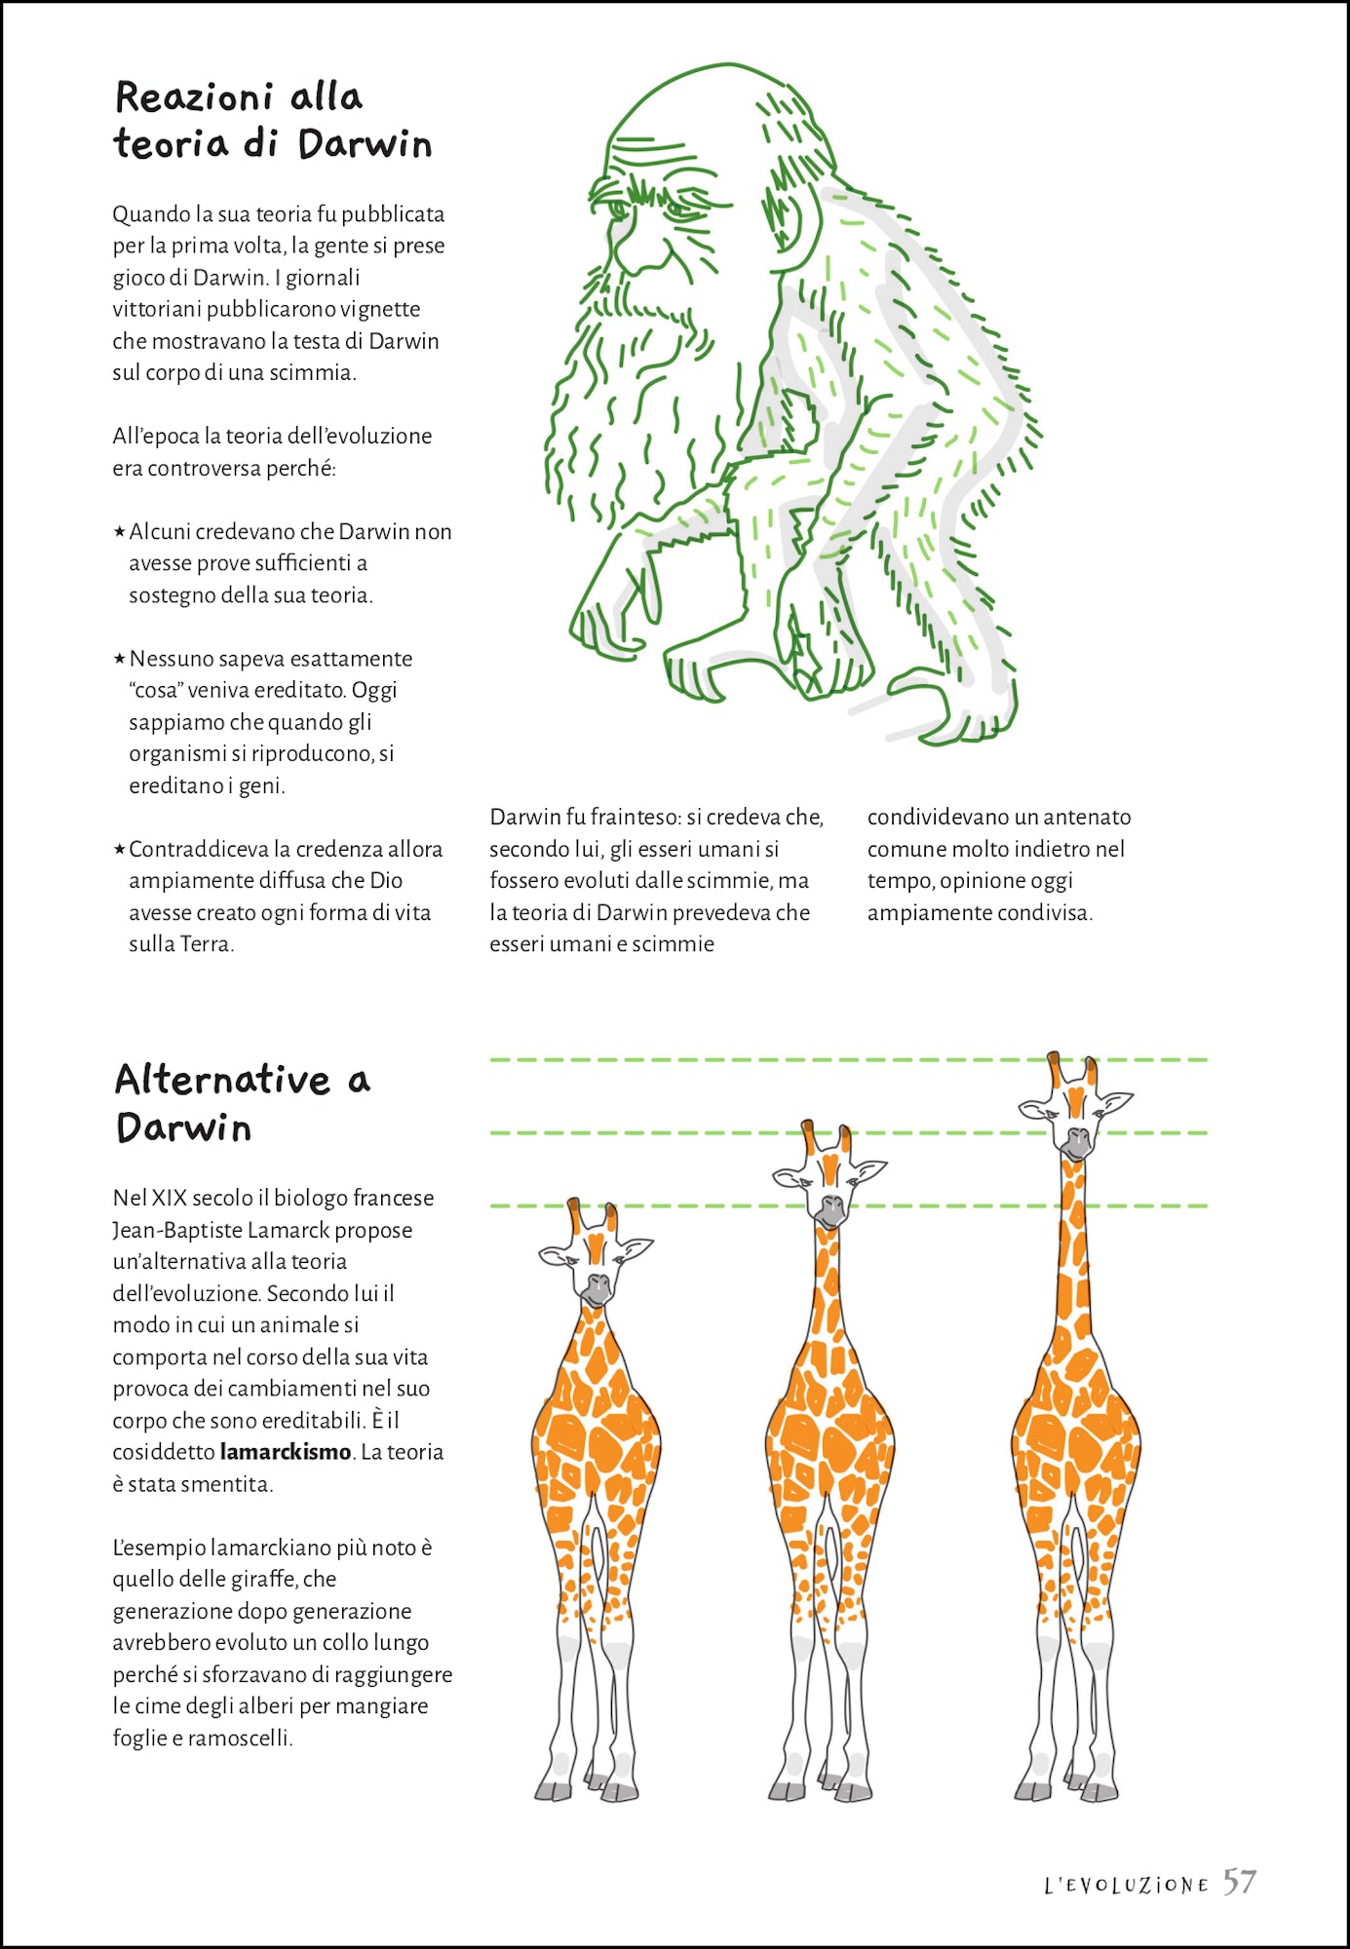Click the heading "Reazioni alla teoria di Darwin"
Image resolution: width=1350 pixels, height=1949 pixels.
[272, 121]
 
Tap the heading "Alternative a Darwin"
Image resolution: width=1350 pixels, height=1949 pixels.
[242, 1103]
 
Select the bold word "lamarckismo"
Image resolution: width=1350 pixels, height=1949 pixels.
[285, 1452]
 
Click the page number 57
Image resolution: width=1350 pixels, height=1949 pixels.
[1240, 1882]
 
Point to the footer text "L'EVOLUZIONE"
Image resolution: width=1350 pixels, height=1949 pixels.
[1126, 1886]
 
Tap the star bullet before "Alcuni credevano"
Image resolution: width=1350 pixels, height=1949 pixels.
[119, 531]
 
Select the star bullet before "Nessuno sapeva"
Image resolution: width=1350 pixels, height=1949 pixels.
[119, 659]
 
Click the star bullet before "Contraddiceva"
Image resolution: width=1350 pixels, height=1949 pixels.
[119, 849]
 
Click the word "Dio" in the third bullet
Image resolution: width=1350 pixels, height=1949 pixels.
[386, 880]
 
